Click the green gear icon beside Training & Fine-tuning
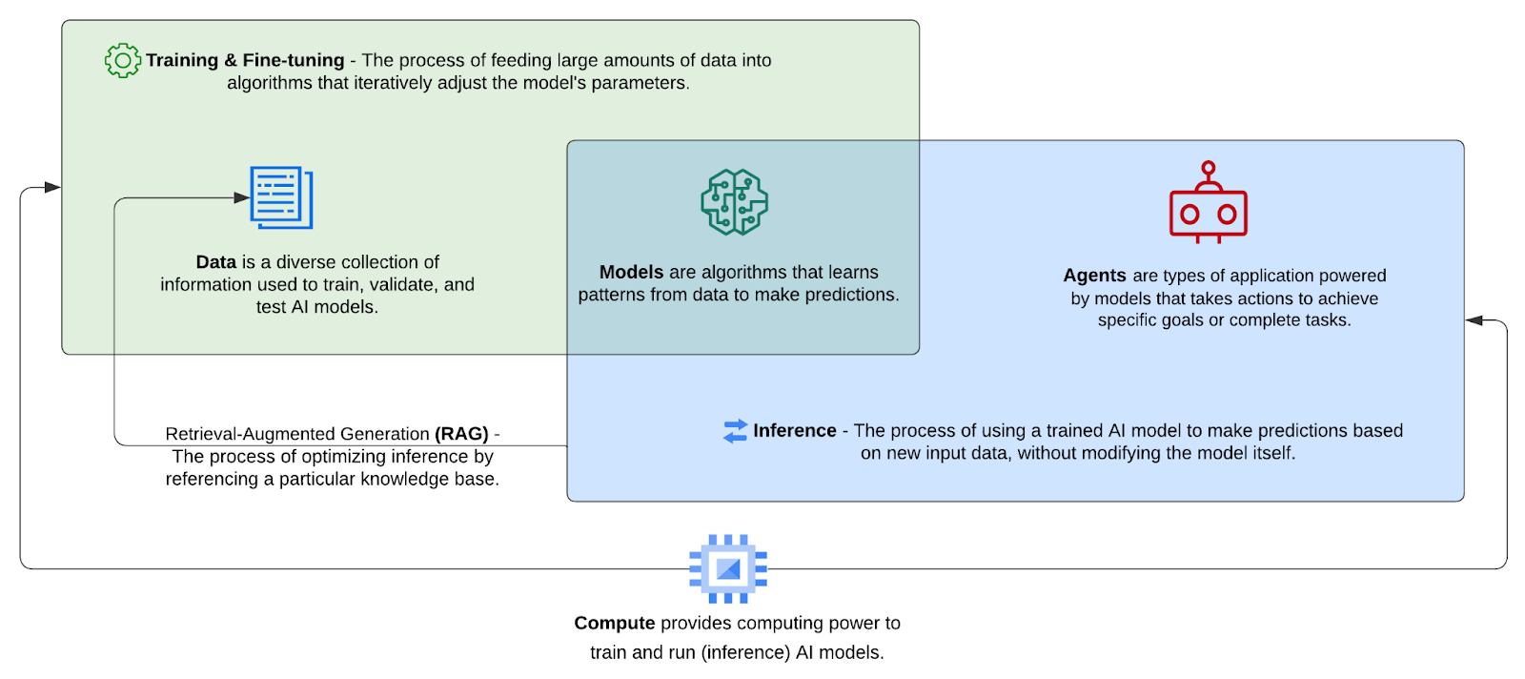(122, 60)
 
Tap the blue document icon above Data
(281, 197)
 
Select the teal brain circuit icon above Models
(734, 202)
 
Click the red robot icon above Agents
(1208, 204)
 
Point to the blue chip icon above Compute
(728, 568)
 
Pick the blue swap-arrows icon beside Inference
(735, 431)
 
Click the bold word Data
(215, 262)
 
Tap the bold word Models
(631, 273)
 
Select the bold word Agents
(1094, 276)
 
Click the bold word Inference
(794, 431)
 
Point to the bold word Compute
(614, 624)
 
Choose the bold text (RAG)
(461, 434)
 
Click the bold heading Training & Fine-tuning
(245, 60)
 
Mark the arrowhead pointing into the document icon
(242, 198)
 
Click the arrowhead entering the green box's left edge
(52, 188)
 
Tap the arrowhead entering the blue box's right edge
(1474, 320)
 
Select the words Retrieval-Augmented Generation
(297, 434)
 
